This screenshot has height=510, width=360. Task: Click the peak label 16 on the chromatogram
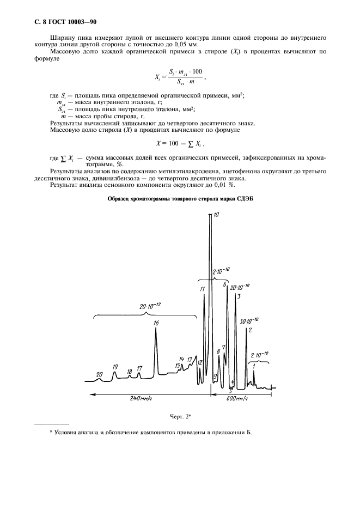coord(156,323)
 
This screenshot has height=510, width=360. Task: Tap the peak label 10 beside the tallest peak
coord(216,216)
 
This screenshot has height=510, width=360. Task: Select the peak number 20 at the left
coord(99,374)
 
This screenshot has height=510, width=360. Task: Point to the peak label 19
coord(115,367)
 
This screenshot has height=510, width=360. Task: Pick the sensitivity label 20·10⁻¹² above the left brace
coord(150,307)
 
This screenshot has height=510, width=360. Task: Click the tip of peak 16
coord(156,329)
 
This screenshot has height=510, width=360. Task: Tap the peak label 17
coord(139,369)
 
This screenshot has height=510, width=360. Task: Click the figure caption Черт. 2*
coord(180,417)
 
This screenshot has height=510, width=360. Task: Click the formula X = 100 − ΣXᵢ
coord(180,143)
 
